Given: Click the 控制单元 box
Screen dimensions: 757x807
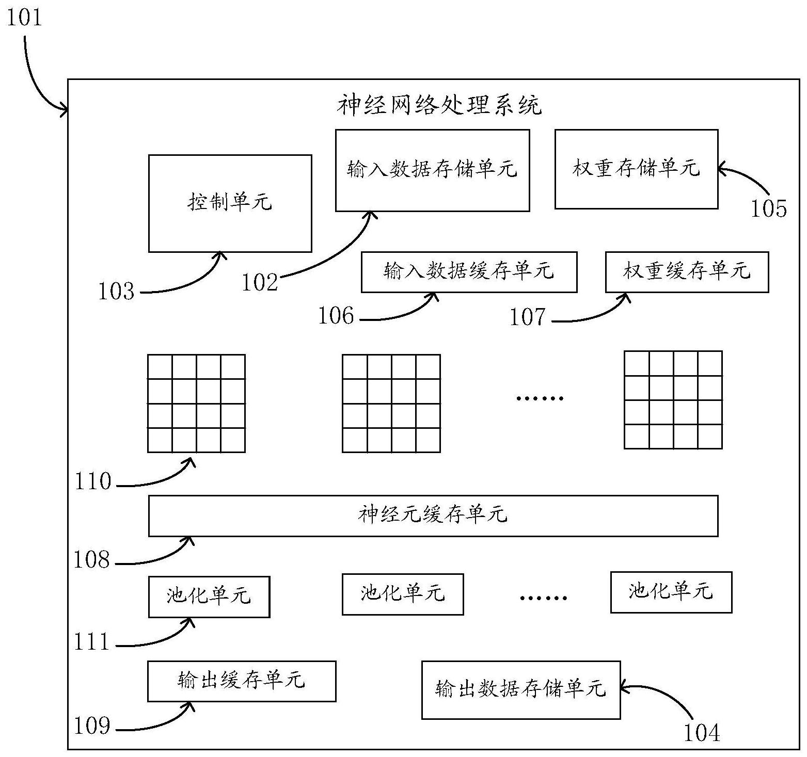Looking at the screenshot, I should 230,203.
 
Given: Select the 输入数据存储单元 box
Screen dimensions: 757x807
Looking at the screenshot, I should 432,170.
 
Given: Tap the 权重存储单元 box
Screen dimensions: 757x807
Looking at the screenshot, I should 636,169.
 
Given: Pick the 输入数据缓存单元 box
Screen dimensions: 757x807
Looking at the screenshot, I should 469,271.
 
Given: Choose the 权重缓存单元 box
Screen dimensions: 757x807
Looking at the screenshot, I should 687,271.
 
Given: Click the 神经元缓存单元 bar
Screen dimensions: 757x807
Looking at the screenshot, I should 433,516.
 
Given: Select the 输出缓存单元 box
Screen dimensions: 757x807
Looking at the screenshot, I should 241,681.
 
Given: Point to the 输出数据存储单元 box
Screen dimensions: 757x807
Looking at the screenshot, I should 520,689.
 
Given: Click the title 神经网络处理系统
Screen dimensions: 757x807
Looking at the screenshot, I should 439,106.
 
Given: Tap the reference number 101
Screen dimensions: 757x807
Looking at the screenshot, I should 23,18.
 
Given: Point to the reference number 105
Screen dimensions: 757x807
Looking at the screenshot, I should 768,209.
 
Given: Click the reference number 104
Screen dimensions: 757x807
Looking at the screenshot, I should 702,733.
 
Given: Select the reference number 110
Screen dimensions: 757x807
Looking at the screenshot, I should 93,482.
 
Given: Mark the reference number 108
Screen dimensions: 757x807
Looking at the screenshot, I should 92,560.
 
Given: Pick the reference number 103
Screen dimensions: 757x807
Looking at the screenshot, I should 117,292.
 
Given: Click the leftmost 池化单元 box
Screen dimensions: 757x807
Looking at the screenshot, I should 209,597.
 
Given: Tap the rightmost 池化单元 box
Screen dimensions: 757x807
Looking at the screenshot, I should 671,592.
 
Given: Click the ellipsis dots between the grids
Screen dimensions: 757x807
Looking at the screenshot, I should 540,398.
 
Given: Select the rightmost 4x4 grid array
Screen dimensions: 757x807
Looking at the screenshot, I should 673,400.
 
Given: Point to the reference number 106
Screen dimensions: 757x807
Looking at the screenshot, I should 336,316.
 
